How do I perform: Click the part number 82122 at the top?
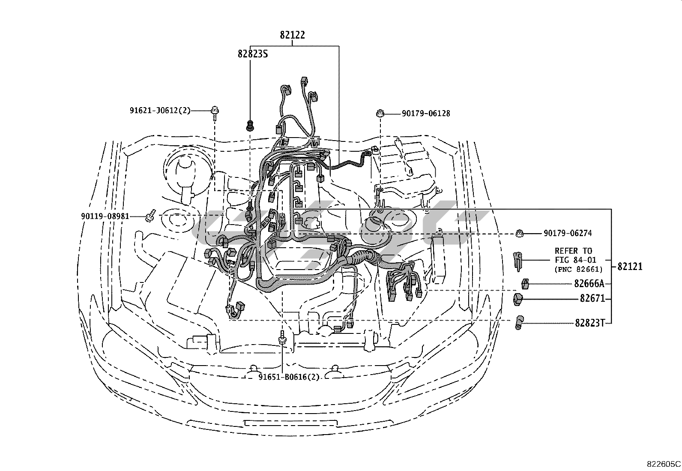point(292,35)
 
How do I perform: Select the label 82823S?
point(253,54)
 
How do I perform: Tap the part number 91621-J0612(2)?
point(160,110)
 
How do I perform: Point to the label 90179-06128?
point(426,114)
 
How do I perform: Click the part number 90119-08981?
point(105,216)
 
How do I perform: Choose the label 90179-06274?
point(568,234)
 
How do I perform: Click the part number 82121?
point(630,267)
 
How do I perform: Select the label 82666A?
point(589,284)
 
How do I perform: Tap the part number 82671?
point(592,298)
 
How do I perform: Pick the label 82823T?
point(590,323)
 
